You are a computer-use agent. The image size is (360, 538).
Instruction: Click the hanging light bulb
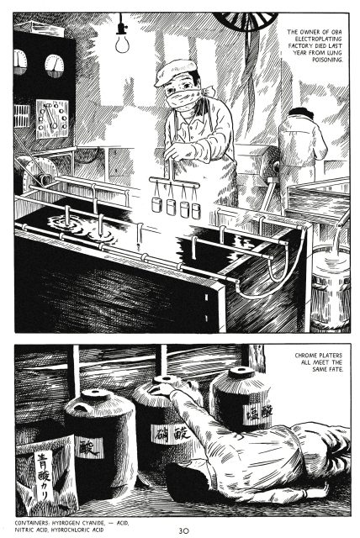click(x=122, y=44)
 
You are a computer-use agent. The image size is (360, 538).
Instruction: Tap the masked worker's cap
click(x=176, y=71)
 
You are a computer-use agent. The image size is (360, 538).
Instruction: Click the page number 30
click(x=183, y=530)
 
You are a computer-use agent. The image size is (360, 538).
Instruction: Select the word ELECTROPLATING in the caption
click(x=318, y=39)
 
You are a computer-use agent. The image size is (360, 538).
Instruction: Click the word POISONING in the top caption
click(x=327, y=60)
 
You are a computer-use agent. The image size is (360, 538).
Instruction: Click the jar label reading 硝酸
click(x=171, y=435)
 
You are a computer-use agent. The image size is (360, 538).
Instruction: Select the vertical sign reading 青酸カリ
click(x=44, y=476)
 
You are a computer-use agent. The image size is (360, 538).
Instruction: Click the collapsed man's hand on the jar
click(x=161, y=388)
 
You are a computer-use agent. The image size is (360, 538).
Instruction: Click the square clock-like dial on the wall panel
click(x=52, y=119)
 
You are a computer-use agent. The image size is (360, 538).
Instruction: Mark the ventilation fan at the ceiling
click(x=245, y=20)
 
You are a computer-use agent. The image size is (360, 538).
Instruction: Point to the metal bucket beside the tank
click(x=331, y=288)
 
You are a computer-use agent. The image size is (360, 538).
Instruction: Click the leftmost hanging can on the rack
click(x=156, y=204)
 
